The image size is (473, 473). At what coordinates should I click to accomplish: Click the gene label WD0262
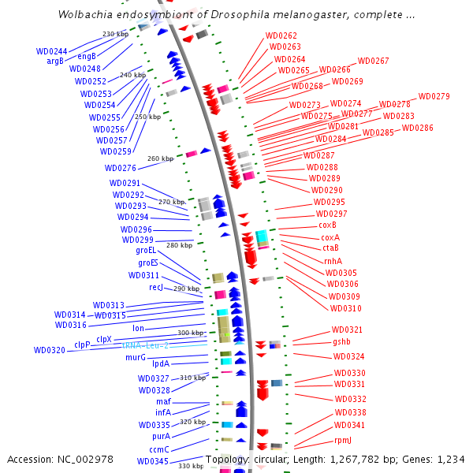[281, 36]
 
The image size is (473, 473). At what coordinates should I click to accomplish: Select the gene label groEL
[147, 251]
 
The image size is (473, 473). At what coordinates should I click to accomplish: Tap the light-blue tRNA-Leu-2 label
[146, 345]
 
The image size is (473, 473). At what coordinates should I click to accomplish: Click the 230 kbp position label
[115, 34]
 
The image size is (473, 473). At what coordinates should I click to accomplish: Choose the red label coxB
[328, 225]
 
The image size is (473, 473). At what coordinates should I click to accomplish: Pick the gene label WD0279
[434, 97]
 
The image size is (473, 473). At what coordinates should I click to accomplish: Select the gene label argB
[55, 61]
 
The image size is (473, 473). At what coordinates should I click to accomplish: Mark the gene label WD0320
[50, 351]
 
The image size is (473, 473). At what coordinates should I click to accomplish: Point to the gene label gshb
[341, 342]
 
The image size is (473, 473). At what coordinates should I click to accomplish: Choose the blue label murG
[136, 358]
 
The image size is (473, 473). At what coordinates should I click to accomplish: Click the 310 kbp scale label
[192, 378]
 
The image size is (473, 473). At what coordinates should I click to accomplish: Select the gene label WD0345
[152, 462]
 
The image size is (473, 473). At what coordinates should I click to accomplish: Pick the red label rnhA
[333, 261]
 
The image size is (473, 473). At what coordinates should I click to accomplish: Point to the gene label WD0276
[121, 169]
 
